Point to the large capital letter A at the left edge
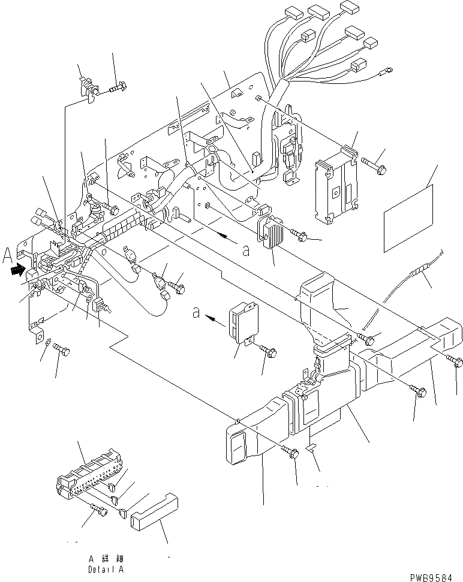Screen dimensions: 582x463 click(x=7, y=257)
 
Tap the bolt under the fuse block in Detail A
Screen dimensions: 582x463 click(x=98, y=511)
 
